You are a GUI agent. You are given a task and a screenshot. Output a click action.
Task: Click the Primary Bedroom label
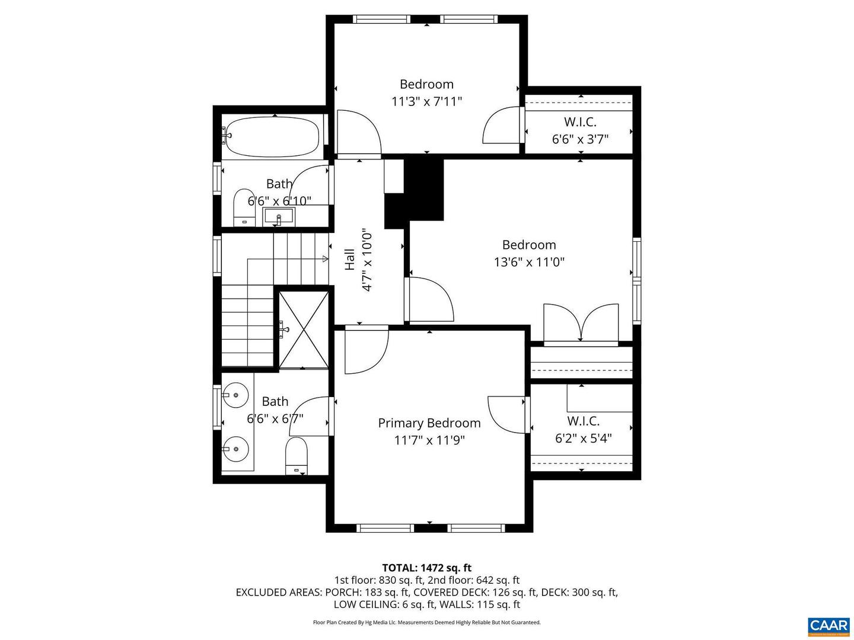pos(429,423)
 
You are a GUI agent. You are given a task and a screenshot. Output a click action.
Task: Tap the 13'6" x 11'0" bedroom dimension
pos(529,262)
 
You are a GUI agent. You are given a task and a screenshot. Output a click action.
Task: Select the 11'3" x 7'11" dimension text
pos(426,101)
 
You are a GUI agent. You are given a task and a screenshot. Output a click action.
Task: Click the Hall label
pos(350,260)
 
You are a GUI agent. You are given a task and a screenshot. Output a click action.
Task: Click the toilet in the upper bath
pos(242,207)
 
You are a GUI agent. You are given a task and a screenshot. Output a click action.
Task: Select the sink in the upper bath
pos(278,216)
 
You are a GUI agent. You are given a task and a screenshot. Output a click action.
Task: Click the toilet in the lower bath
pos(297,456)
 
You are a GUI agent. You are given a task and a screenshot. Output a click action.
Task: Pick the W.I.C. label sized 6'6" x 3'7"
pos(580,122)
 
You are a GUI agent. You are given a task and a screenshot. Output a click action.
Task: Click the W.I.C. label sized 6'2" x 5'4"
pos(583,421)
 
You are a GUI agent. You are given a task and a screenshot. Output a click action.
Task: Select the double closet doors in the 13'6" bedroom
pos(581,323)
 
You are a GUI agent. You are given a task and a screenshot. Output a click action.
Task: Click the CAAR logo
pos(828,625)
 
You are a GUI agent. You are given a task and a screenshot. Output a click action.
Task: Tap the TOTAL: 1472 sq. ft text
pos(426,568)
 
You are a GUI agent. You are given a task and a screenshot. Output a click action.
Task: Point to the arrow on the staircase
pos(324,259)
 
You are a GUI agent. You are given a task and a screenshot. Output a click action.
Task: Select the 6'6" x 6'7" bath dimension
pos(275,419)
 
